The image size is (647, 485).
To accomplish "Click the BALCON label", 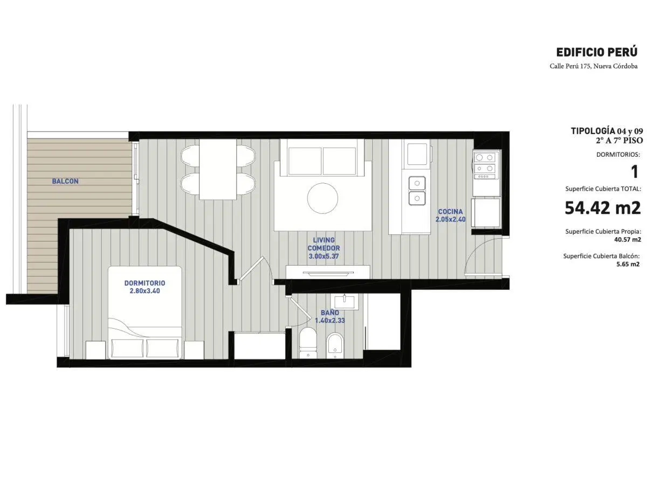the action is point(65,181).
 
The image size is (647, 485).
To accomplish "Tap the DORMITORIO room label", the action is point(144,283).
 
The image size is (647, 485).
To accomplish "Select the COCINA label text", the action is point(450,211).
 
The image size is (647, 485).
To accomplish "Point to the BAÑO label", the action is point(329,313).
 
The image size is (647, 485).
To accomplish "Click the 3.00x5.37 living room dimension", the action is point(323,256).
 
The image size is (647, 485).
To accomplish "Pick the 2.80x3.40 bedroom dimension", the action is point(144,291).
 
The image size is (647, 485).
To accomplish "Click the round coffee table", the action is point(322,198).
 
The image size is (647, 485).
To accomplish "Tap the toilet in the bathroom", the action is point(308,343).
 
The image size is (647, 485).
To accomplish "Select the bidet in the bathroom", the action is point(335,345).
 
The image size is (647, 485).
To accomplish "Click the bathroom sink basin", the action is point(345,301).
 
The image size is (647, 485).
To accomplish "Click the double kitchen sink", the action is point(417,191).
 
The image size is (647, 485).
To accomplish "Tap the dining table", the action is point(217,169).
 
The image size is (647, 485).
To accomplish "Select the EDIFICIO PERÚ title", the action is point(597,52).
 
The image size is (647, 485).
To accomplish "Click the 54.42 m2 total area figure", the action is point(602,208).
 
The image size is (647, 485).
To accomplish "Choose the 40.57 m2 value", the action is point(628,239).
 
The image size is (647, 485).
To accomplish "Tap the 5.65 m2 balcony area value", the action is point(628,264).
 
